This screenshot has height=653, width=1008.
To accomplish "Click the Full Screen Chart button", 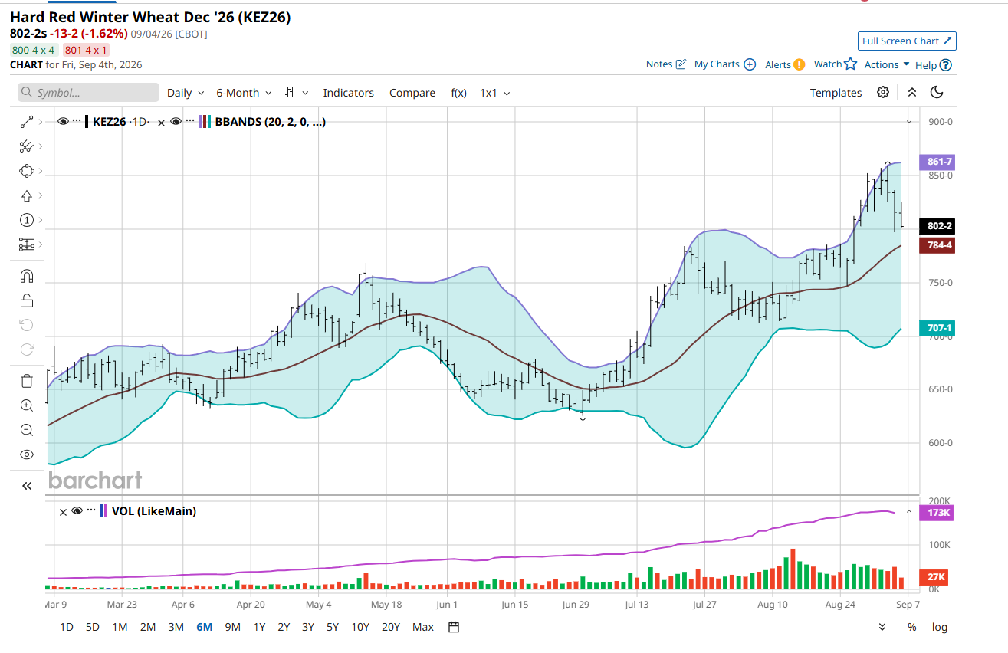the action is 907,41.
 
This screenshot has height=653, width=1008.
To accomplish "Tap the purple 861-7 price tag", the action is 937,162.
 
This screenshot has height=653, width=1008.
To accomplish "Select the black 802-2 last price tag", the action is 937,226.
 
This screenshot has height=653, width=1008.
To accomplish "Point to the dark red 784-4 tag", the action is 937,245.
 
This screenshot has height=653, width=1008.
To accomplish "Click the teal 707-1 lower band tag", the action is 937,328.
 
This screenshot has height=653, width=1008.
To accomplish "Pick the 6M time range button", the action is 205,627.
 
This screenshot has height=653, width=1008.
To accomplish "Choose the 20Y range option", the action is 391,627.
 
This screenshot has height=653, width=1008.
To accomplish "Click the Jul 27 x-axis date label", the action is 704,605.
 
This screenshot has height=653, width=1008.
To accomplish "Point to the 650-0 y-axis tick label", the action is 941,389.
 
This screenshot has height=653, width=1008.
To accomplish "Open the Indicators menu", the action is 348,93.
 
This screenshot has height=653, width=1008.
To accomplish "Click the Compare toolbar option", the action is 412,93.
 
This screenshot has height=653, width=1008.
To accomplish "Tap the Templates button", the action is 836,93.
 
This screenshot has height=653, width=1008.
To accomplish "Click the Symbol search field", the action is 89,92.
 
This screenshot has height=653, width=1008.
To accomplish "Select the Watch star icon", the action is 851,64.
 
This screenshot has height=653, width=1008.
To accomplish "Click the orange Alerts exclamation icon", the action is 799,65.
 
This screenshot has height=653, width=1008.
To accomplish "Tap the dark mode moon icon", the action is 937,92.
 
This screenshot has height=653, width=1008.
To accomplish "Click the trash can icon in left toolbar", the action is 27,381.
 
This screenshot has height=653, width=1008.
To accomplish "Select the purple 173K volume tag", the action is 937,513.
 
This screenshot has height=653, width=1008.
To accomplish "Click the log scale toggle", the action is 940,627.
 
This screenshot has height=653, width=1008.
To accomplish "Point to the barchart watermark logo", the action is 95,481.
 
